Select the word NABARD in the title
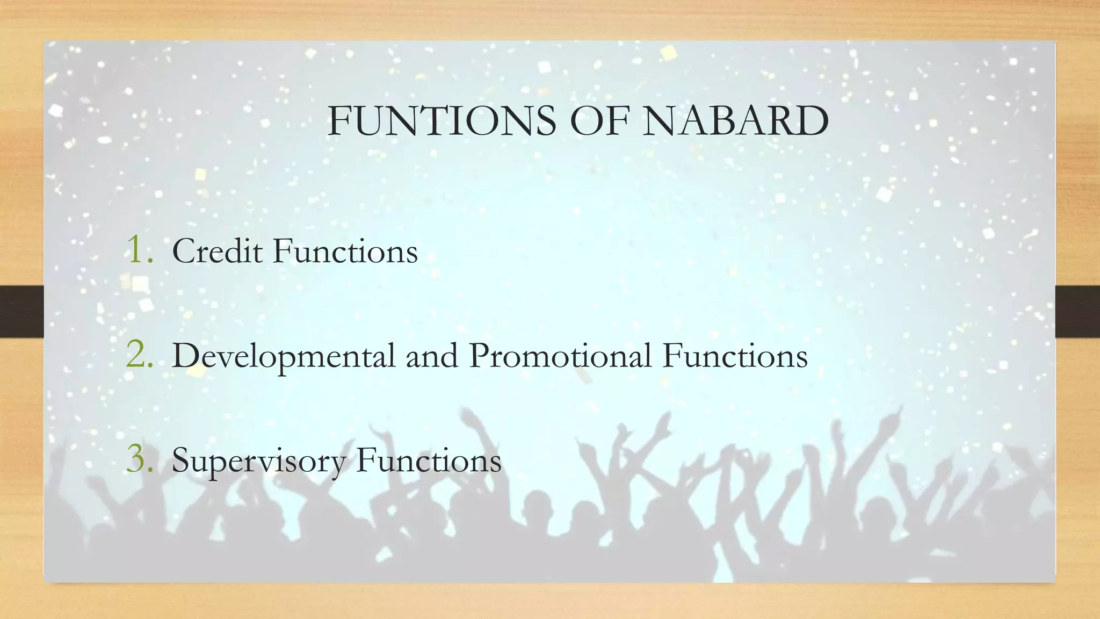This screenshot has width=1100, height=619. click(736, 121)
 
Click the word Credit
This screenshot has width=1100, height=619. click(217, 251)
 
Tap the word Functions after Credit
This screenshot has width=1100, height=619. click(345, 251)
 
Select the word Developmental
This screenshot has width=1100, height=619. click(284, 356)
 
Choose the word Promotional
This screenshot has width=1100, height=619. click(560, 356)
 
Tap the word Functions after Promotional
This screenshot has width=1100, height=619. click(735, 356)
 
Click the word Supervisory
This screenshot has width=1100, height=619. click(258, 462)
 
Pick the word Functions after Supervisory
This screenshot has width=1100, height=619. click(429, 461)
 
